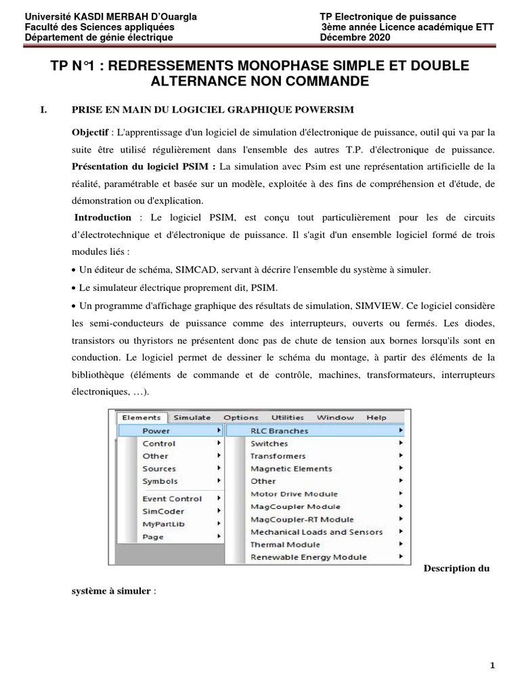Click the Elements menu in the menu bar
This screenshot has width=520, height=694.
tap(142, 417)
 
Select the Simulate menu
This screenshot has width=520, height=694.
tap(192, 417)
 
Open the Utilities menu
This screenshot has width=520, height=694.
tap(288, 417)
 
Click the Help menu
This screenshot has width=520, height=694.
tap(376, 417)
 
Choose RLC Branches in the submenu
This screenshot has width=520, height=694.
tap(279, 430)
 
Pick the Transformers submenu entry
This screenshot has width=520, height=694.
tap(278, 456)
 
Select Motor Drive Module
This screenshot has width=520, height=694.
tap(294, 494)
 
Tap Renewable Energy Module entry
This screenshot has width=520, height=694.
tap(308, 557)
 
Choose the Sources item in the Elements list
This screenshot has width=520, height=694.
tap(159, 468)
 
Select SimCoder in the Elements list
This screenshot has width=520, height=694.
tap(162, 511)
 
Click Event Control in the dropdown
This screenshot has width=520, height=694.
tap(172, 498)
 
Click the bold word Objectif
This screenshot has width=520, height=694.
tap(91, 131)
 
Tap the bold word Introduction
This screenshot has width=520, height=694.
tap(103, 217)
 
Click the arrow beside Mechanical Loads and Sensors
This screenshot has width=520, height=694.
tap(401, 532)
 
